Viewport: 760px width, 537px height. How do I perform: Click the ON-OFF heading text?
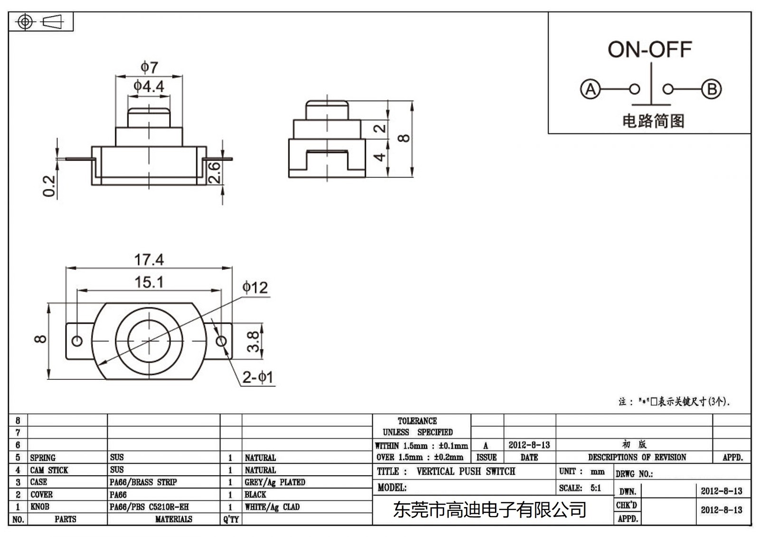coord(649,50)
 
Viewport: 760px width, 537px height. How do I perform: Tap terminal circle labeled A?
coord(590,89)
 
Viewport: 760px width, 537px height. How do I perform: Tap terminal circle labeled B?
coord(712,89)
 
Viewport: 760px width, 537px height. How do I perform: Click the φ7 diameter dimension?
coord(149,67)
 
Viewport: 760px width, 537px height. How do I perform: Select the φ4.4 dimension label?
coord(149,86)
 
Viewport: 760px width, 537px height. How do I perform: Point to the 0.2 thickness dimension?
coord(49,186)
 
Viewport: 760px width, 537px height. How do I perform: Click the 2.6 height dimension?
coord(215,172)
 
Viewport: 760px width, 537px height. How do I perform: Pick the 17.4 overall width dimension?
coord(149,260)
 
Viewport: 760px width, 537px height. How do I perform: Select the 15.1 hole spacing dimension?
coord(149,282)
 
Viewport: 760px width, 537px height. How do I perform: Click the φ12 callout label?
coord(255,287)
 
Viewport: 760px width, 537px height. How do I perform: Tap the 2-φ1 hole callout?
coord(258,377)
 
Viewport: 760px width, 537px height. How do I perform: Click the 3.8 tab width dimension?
coord(254,341)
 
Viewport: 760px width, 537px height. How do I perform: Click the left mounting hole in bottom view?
coord(77,341)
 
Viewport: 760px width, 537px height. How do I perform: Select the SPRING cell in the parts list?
coord(43,458)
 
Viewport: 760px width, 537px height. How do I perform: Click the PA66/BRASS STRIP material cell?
coord(143,482)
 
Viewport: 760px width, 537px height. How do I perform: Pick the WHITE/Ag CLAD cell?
coord(272,507)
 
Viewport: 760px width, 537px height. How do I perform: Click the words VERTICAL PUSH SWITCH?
coord(465,471)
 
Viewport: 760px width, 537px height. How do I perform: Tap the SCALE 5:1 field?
coord(580,488)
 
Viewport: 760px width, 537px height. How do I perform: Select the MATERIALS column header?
coord(173,519)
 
